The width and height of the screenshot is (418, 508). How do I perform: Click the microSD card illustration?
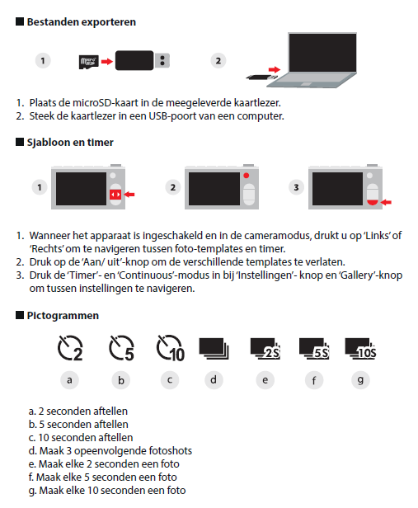(88, 62)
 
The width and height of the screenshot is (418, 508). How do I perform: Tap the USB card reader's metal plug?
(162, 60)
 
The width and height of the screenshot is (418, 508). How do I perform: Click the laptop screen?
(322, 53)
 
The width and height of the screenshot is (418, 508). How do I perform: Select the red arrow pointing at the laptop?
(274, 69)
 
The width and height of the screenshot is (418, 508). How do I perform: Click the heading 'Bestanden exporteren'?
(82, 22)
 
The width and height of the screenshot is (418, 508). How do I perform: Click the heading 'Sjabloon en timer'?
(70, 142)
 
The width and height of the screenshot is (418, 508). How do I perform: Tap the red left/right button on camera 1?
(115, 195)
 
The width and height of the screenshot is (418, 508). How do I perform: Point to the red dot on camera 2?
(247, 176)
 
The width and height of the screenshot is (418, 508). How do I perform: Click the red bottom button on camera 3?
(373, 203)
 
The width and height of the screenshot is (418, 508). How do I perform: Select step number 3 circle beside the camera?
(296, 187)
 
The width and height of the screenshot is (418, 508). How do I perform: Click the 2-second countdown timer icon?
(70, 348)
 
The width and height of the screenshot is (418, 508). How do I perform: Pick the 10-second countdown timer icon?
(171, 348)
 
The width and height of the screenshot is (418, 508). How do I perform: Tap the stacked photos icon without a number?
(214, 349)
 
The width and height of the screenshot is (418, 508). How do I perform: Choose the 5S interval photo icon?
(314, 349)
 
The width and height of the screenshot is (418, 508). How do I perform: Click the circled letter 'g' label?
(360, 380)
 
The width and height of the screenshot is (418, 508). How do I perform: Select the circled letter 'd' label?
(214, 380)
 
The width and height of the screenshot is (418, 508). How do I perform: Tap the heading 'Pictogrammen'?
(63, 316)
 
